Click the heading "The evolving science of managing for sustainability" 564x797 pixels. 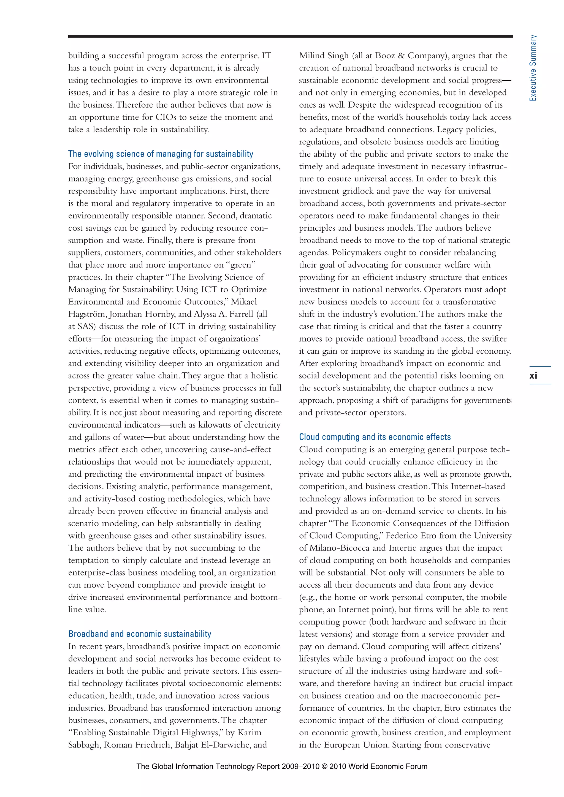point(161,154)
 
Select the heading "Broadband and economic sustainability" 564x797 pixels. point(140,634)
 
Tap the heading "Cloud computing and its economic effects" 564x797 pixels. point(375,437)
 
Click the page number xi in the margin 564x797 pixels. point(533,376)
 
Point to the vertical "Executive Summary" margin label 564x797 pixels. point(533,68)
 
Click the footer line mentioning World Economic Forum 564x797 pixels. point(282,766)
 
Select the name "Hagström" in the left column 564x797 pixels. point(88,314)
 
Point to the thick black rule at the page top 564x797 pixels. point(290,36)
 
